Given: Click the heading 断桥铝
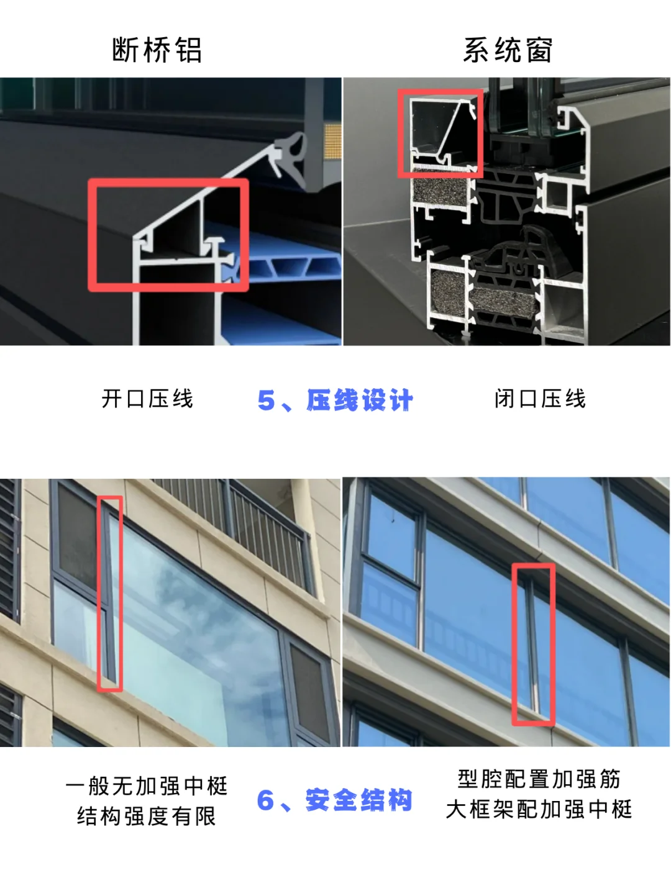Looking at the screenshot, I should tap(157, 50).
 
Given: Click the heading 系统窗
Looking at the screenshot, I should tap(508, 50).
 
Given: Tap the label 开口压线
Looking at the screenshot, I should tap(148, 399).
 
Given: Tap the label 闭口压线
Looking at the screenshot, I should tap(541, 399).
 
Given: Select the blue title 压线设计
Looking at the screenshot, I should tap(360, 400).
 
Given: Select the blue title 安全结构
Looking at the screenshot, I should tap(358, 800).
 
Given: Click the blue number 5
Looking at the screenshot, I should tap(266, 401).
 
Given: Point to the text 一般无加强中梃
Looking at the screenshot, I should tap(147, 786).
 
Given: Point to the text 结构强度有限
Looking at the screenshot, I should tap(147, 816).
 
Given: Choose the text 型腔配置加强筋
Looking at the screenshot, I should tap(539, 779).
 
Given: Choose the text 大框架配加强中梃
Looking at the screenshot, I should tap(539, 809).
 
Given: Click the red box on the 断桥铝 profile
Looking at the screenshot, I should tap(168, 235).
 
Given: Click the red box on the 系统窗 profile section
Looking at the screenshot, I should tap(440, 133).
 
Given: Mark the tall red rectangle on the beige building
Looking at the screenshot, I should tap(110, 593).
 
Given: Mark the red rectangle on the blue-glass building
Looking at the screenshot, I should tap(533, 644).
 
